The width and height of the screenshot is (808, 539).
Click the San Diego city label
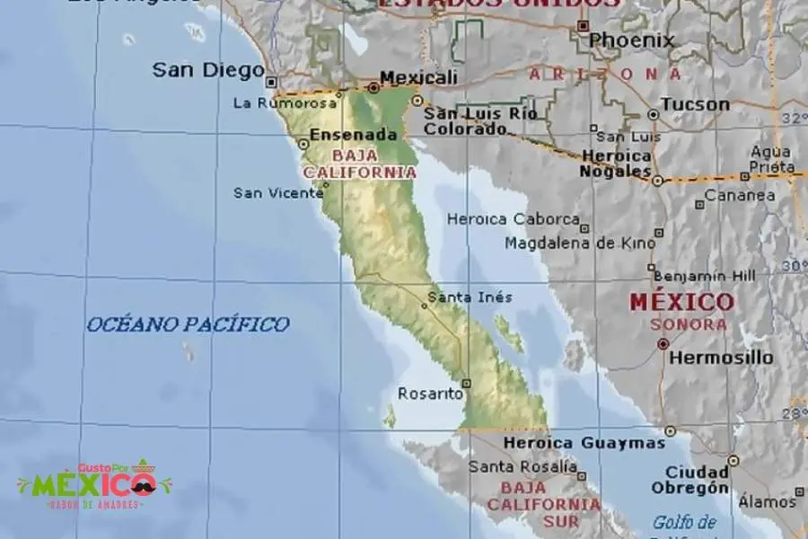[207, 69]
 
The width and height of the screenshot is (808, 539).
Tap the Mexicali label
[418, 77]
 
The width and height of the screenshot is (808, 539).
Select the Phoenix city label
[631, 40]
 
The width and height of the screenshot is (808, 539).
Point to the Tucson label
[696, 104]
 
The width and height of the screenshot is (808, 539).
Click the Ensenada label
[353, 136]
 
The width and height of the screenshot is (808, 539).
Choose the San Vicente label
[277, 192]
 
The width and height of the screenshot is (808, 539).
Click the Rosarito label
[430, 393]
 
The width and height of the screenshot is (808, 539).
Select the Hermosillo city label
[720, 358]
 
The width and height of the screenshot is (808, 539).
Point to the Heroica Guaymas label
[584, 443]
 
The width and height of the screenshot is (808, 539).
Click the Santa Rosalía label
[522, 466]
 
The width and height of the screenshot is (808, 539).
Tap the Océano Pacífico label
[188, 324]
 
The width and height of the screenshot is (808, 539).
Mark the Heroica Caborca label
[513, 219]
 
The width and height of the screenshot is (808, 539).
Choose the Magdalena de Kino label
[574, 243]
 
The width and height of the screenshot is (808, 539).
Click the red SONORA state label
[689, 324]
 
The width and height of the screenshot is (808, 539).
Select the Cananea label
[740, 195]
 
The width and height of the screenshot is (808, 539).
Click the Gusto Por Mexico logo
[93, 485]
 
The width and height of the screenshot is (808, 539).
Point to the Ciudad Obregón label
[697, 480]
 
